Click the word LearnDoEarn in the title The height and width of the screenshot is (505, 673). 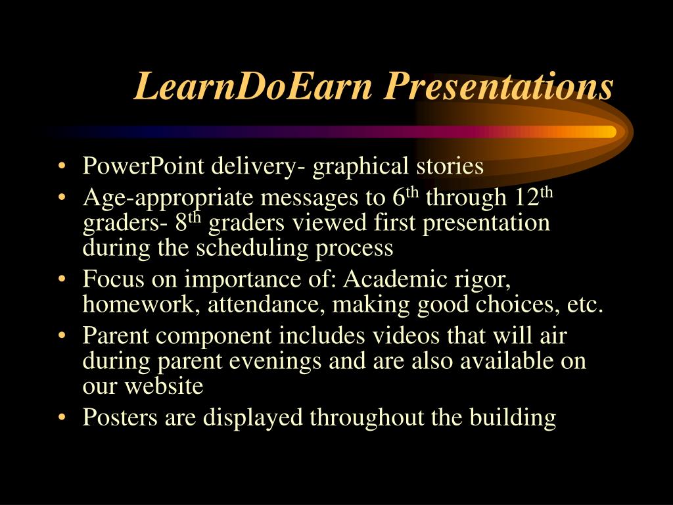pos(253,87)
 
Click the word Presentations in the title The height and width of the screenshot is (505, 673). pos(499,87)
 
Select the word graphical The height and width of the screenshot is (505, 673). pos(361,166)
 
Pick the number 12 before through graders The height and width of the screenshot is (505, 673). pos(526,197)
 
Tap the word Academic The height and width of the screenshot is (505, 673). pos(395,279)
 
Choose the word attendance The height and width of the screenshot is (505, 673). pos(266,304)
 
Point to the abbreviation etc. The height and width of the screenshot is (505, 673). pos(586,304)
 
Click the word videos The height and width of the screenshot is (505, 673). pos(406,335)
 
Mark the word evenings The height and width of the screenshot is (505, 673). pos(275,362)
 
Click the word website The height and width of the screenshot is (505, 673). pos(164,385)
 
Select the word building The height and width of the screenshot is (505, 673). pos(513,418)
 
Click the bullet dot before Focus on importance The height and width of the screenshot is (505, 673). pos(62,279)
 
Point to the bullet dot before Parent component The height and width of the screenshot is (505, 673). pos(62,335)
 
